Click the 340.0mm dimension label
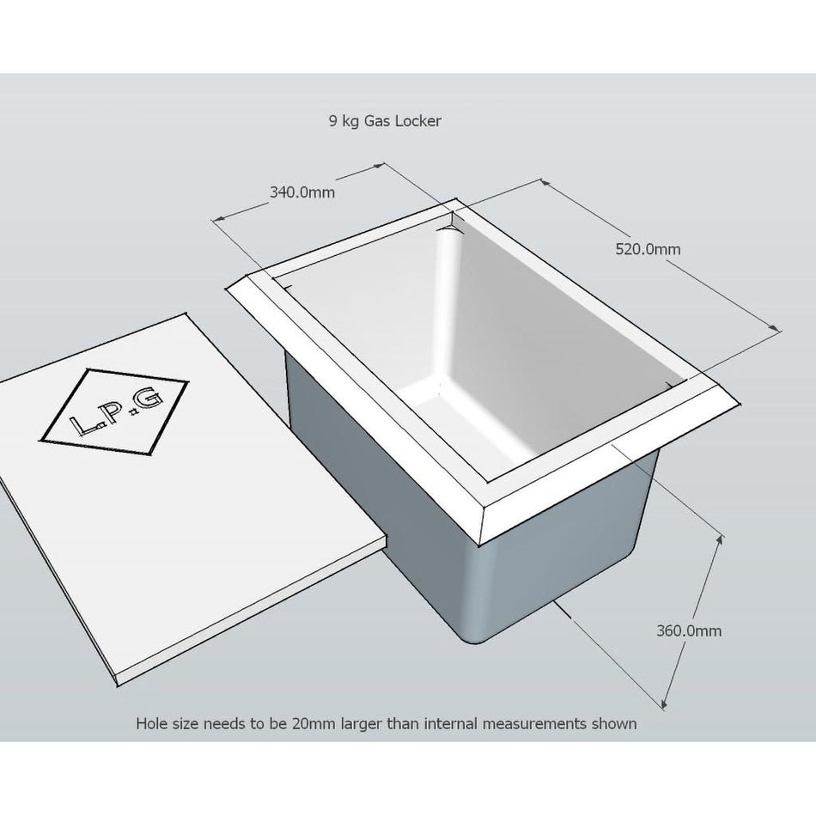(x=301, y=192)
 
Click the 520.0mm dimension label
(x=648, y=249)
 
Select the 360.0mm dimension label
(x=689, y=630)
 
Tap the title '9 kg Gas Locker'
(x=385, y=121)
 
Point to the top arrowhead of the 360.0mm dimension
(x=721, y=539)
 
